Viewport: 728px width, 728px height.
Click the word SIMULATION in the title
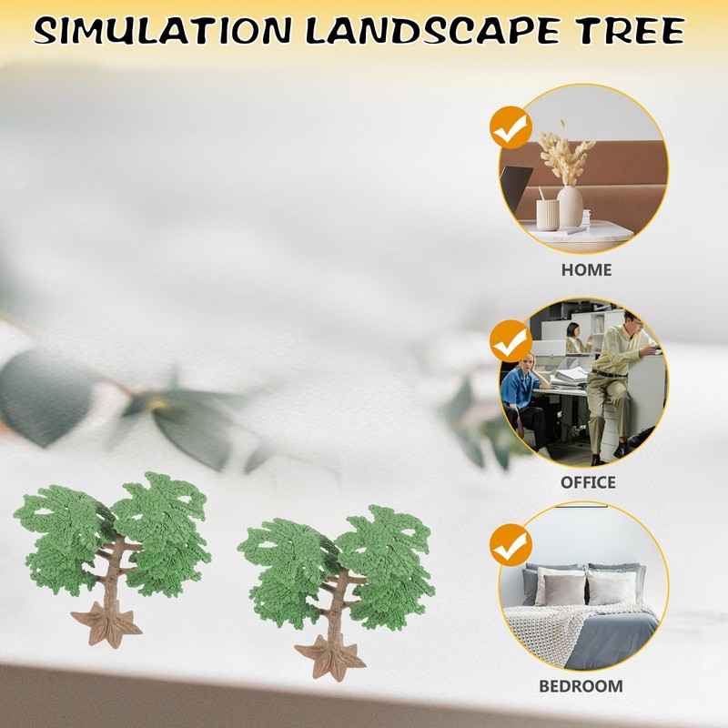(162, 32)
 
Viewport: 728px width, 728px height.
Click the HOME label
(586, 269)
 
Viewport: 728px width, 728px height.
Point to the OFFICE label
(587, 482)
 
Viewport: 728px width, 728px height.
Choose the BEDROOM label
(581, 686)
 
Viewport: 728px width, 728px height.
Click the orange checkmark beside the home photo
(511, 127)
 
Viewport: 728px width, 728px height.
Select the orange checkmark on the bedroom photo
(511, 546)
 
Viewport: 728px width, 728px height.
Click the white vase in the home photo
(570, 207)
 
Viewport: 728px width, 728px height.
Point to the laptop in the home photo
(515, 187)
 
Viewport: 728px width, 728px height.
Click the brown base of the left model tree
(106, 625)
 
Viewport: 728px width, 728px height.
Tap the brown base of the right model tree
(329, 657)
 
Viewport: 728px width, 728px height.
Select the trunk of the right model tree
(339, 601)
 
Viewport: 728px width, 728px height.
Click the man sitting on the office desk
(614, 373)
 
